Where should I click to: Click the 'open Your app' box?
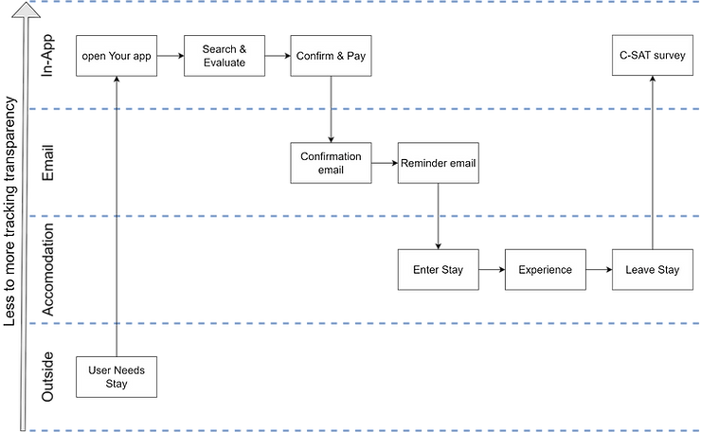[x=115, y=56]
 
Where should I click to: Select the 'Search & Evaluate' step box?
[x=224, y=56]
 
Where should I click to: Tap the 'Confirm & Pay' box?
[x=330, y=56]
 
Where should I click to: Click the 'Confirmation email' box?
[x=331, y=163]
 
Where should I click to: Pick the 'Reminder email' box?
[x=437, y=163]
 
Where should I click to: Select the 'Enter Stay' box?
[x=438, y=270]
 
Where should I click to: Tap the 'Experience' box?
[x=545, y=270]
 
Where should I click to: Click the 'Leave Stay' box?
[x=652, y=270]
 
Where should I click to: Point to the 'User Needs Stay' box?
[x=116, y=377]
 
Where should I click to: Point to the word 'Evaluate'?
[x=224, y=63]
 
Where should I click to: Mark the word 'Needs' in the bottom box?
[x=129, y=370]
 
